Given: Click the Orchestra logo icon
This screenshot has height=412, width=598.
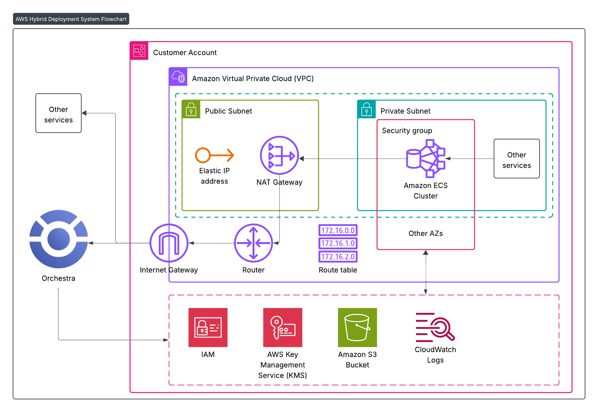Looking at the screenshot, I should (x=58, y=239).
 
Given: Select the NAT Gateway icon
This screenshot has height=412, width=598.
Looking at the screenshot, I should (x=279, y=155).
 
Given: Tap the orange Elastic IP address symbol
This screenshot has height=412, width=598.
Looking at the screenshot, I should (x=214, y=155).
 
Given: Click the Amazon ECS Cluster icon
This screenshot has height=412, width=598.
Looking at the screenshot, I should (x=425, y=159).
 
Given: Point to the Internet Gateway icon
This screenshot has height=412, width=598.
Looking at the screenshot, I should (x=169, y=243).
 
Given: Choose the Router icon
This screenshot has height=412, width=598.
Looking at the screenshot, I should (x=253, y=243).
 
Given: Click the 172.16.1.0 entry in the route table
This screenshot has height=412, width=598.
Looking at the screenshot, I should (x=338, y=243).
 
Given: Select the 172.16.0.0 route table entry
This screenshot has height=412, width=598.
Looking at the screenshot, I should (x=338, y=230).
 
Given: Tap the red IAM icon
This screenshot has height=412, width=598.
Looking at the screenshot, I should (x=208, y=328).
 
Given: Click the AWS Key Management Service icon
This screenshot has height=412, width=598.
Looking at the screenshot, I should (x=282, y=328).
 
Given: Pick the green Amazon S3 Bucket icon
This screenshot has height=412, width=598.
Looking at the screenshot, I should (x=357, y=328).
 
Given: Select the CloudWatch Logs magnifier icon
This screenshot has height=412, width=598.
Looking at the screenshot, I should (x=435, y=328).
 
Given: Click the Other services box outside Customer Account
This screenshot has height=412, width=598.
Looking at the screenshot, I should (x=58, y=113).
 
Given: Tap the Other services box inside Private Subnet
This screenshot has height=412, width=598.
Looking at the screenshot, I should (x=516, y=159).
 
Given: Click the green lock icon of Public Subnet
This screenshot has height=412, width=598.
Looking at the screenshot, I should (x=191, y=109).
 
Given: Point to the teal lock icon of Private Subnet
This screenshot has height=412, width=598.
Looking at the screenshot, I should (x=367, y=109).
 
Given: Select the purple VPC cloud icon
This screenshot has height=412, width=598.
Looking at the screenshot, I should (x=178, y=77).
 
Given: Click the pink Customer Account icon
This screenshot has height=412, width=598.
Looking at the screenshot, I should (x=139, y=51).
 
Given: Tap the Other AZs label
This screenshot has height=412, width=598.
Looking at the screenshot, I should (x=425, y=233).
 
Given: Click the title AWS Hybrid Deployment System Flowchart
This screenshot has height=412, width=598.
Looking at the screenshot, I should (x=71, y=19).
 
